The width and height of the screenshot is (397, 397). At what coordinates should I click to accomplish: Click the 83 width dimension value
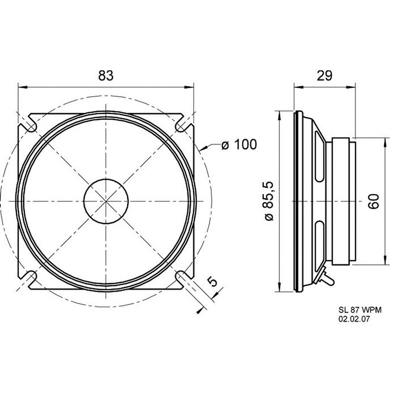pos(106,75)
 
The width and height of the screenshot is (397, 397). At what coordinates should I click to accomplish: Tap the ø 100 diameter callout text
pos(239,145)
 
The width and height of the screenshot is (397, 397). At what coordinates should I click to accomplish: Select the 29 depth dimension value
pos(325,75)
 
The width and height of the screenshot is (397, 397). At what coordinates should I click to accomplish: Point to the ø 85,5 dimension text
pos(269,201)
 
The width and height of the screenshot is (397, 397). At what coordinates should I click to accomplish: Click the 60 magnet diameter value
pos(373,201)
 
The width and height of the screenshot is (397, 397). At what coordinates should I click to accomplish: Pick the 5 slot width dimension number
pos(213,281)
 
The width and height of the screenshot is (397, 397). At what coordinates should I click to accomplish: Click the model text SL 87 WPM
pos(360,310)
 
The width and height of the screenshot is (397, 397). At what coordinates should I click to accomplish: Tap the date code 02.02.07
pos(354,319)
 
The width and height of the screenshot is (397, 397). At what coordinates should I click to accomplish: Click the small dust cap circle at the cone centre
pos(106,201)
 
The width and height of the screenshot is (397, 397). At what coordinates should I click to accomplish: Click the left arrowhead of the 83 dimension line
pos(22,87)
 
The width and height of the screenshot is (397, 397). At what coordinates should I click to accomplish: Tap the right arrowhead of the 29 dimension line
pos(351,87)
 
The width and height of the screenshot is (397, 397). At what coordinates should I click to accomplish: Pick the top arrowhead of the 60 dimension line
pos(385,142)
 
